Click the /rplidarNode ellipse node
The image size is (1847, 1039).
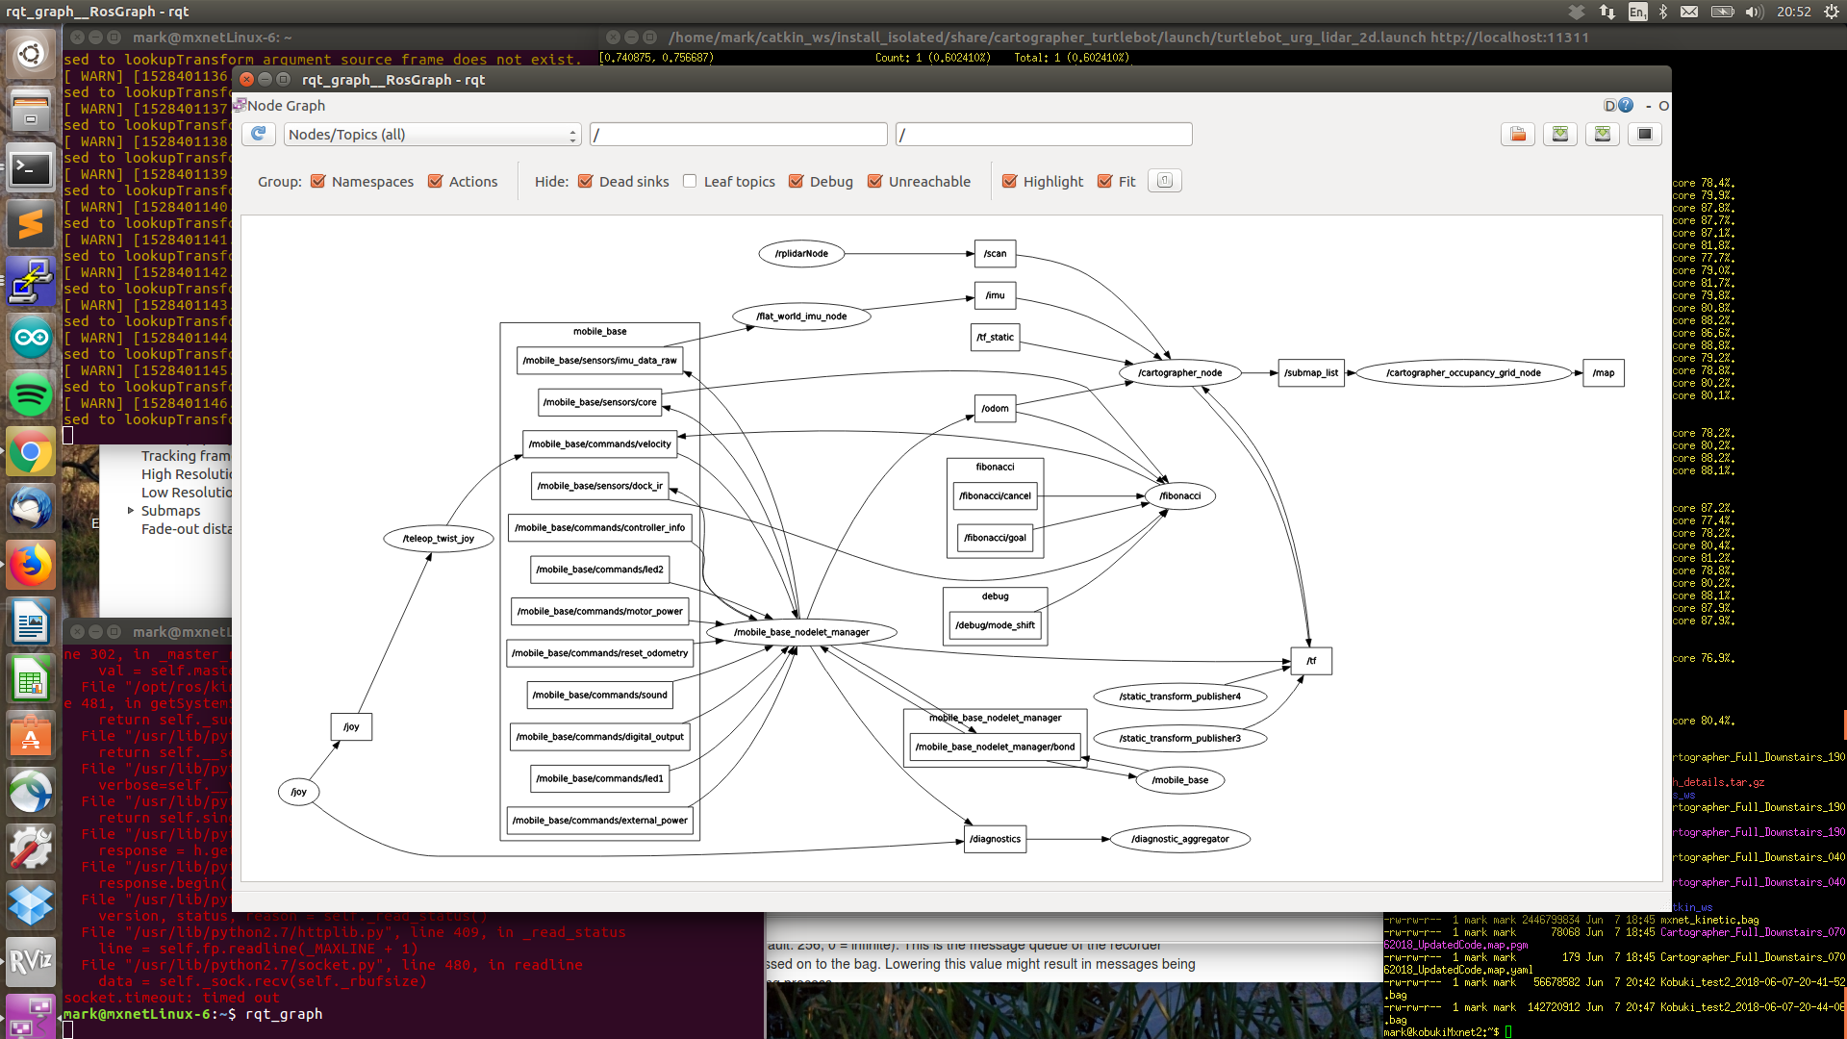[801, 254]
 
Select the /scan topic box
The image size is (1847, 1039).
[995, 254]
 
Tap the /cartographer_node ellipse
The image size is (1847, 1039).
[1179, 373]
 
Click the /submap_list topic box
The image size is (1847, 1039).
[1310, 373]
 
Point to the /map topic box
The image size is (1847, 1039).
[1603, 373]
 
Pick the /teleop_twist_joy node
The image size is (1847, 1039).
[438, 539]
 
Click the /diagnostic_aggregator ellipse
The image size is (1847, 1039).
[1179, 839]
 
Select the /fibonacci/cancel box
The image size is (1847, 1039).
[995, 496]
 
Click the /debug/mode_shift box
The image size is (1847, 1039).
[995, 625]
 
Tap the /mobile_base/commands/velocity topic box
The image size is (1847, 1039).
[599, 444]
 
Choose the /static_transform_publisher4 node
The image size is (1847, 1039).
[1179, 697]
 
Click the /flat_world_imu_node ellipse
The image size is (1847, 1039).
[801, 317]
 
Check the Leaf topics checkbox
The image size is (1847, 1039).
[690, 181]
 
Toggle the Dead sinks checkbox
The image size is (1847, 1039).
[585, 181]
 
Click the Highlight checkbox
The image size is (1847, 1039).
[1009, 181]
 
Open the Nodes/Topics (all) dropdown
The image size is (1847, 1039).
[432, 135]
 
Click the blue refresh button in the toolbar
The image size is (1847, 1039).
[258, 134]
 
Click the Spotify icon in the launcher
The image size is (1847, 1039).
[31, 395]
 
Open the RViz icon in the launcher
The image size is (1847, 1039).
[31, 960]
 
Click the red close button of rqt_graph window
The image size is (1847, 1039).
[246, 80]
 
